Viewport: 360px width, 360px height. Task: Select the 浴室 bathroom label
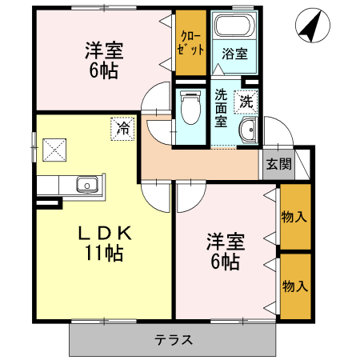click(x=234, y=54)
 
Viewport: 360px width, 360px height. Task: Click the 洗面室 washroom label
click(x=221, y=108)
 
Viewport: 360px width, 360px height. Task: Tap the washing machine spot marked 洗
click(x=246, y=102)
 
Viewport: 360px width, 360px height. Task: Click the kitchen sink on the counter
click(x=86, y=186)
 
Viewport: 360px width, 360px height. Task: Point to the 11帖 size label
click(x=104, y=254)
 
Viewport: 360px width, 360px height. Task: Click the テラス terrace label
click(x=174, y=339)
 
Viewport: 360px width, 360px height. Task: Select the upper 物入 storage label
click(x=295, y=215)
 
